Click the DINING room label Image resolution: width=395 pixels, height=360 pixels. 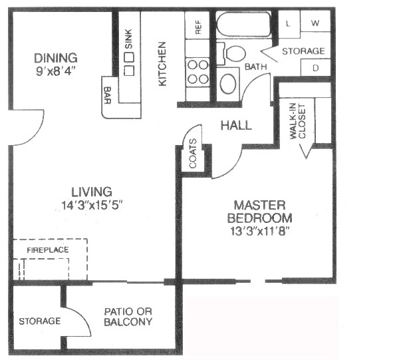pos(56,58)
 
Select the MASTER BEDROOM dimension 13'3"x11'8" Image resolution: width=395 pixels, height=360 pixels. pos(259,231)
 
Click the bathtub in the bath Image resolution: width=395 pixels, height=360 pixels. pos(243,25)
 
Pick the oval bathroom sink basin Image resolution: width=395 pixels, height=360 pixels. pos(228,84)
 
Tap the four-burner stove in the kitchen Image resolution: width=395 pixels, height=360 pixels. pos(198,72)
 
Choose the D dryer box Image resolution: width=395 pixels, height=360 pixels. pos(316,68)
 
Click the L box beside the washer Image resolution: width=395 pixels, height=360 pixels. pos(289,24)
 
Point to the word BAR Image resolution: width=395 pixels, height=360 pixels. pos(108,95)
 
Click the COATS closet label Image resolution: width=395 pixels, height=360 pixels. pos(193,154)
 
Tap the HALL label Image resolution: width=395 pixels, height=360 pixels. pos(236,125)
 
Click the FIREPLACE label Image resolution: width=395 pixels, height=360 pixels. pos(48,250)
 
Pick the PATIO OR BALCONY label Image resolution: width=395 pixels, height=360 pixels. pos(128,317)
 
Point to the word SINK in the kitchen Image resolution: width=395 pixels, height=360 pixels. pos(128,39)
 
